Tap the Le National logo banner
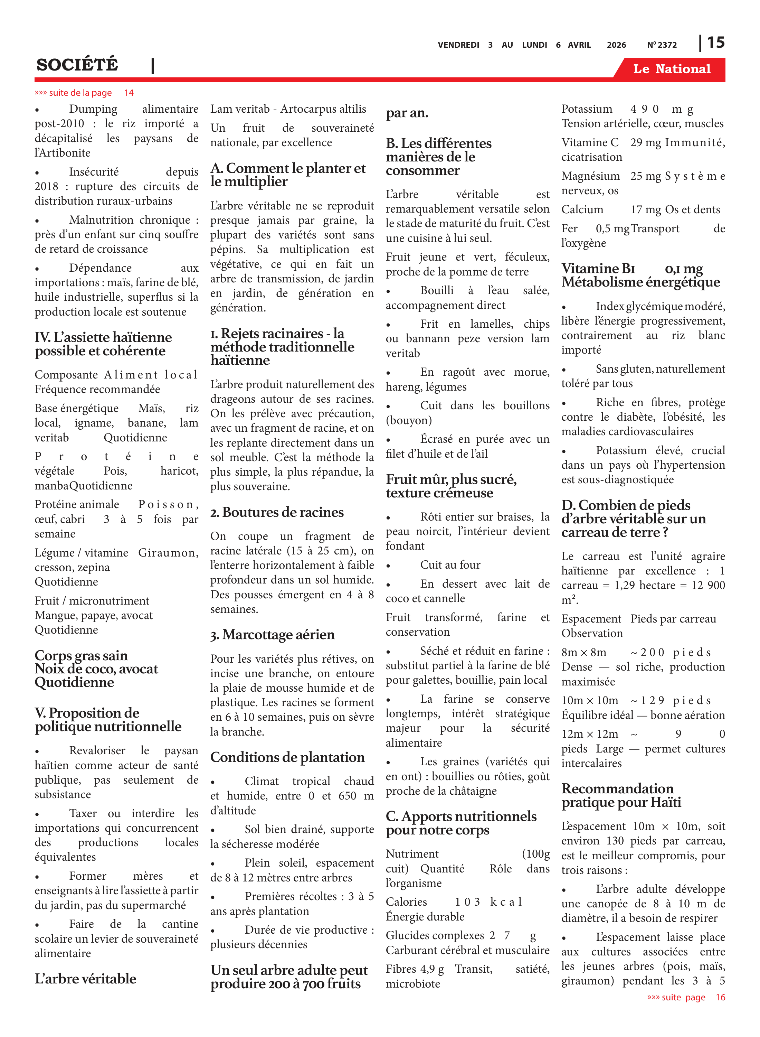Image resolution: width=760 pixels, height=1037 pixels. [671, 69]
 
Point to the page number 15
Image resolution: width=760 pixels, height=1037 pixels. [715, 43]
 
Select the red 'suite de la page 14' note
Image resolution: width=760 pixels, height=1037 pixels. [84, 93]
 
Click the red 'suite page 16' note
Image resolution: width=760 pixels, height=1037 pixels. [685, 997]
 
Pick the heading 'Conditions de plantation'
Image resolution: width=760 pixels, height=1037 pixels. [287, 757]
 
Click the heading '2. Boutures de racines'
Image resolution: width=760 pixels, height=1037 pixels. [277, 512]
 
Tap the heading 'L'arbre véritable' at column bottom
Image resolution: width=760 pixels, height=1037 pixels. [86, 978]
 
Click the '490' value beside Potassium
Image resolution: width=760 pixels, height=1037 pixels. [644, 109]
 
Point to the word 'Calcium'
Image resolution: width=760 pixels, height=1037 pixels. [582, 209]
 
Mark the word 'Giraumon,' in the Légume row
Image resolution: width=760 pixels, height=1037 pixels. [168, 552]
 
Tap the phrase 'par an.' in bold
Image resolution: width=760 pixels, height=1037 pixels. [407, 113]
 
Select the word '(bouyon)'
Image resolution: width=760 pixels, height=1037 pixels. [409, 420]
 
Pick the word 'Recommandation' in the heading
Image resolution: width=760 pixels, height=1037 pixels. [617, 788]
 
